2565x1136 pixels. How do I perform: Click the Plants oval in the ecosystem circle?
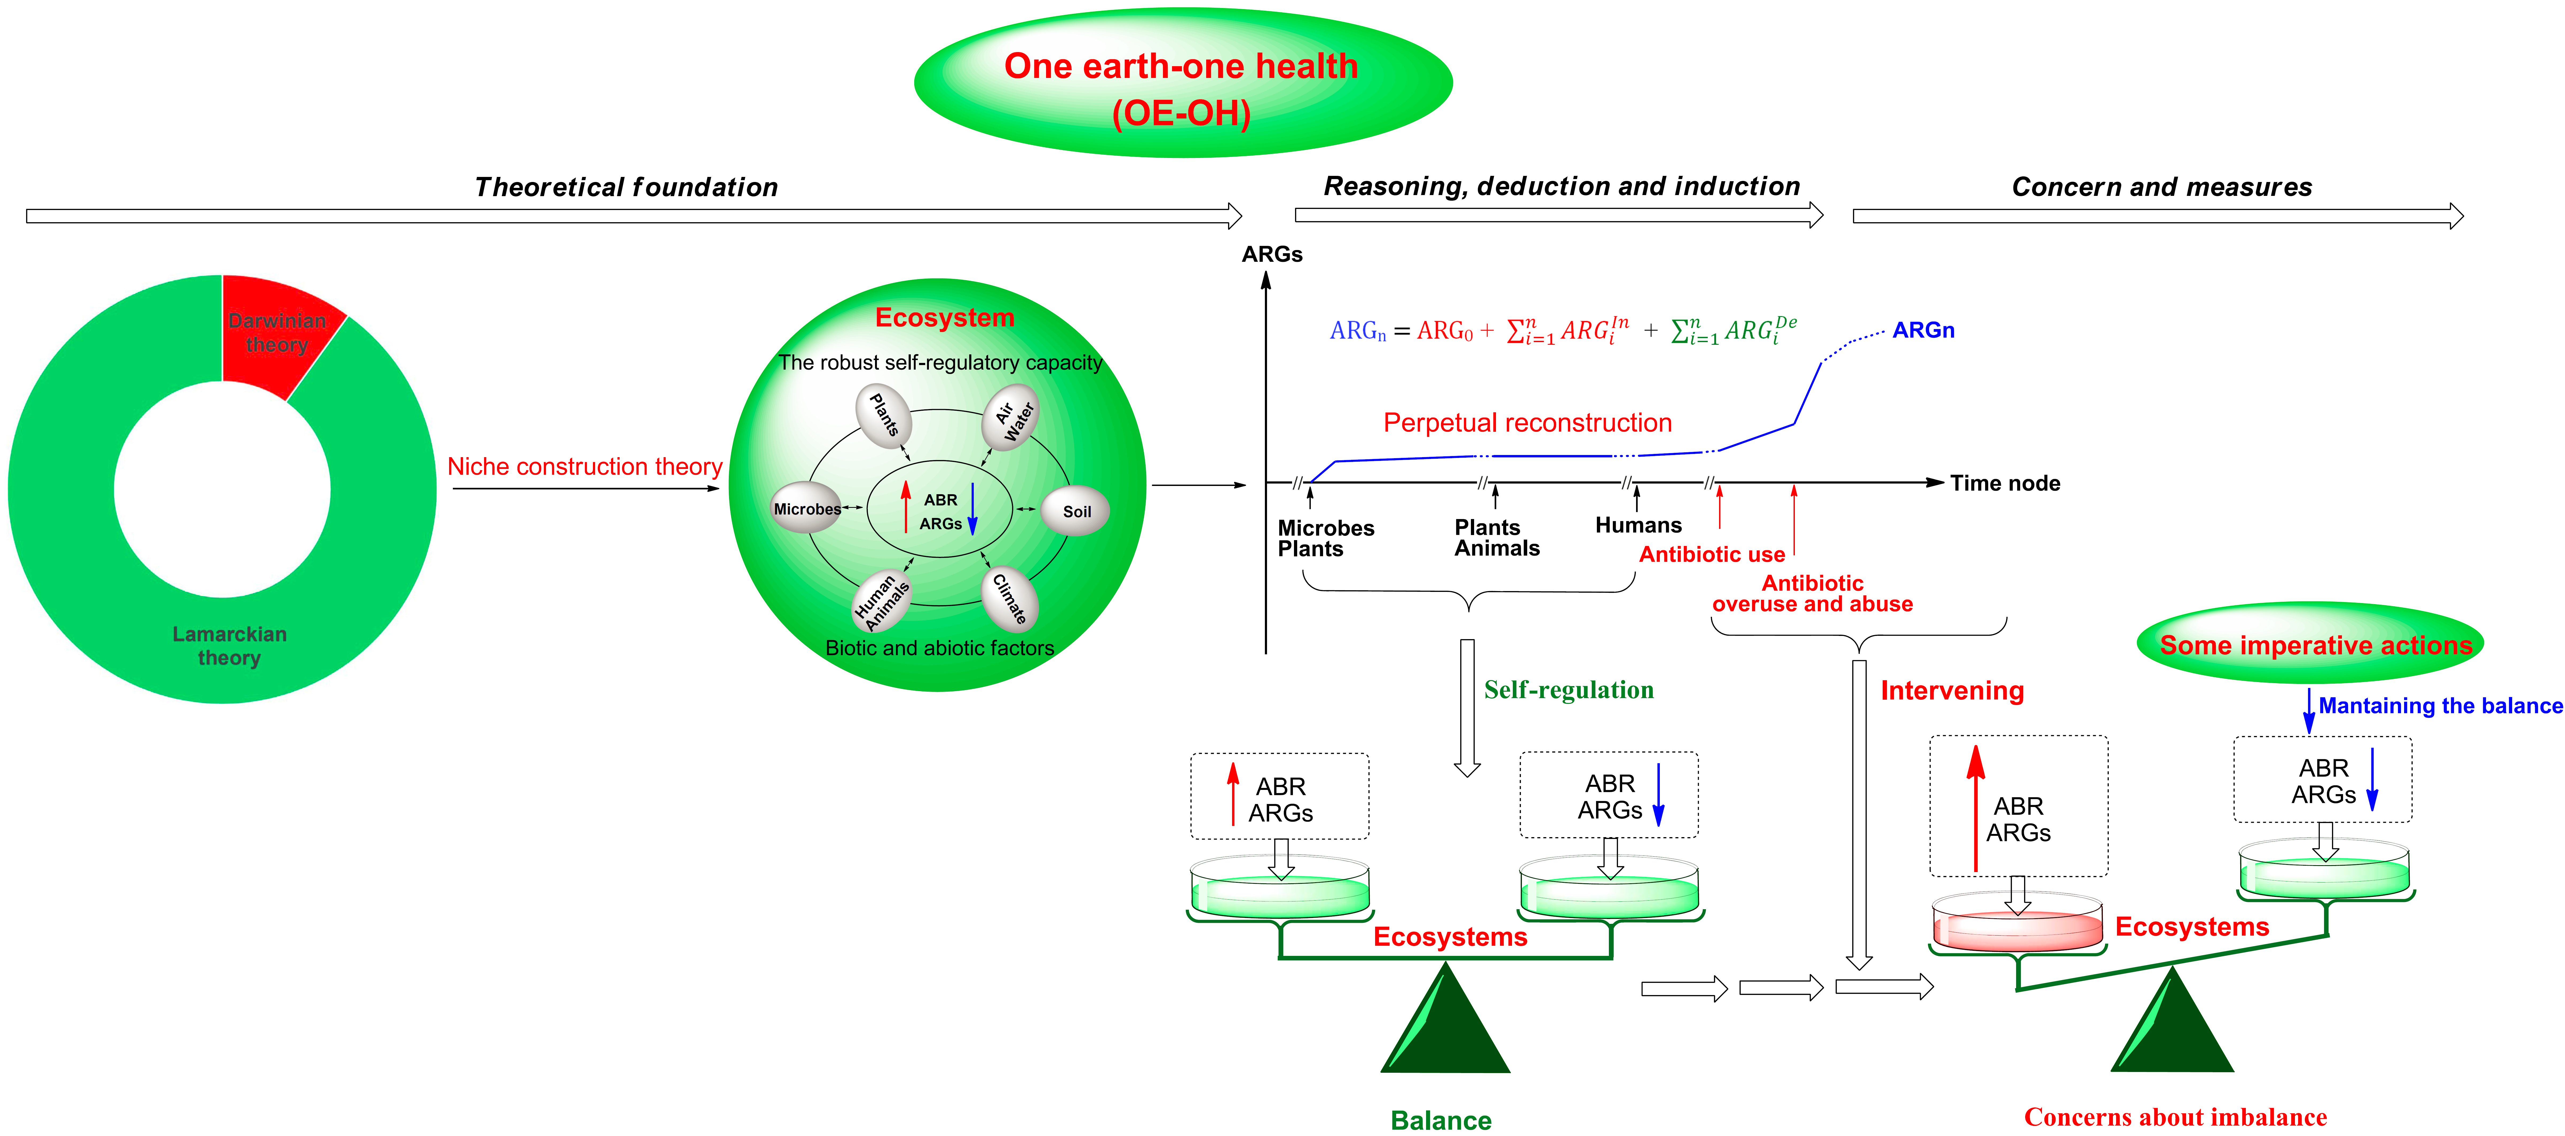coord(884,415)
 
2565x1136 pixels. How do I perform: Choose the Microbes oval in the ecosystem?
coord(806,509)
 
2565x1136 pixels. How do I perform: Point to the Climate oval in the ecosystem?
coord(1010,598)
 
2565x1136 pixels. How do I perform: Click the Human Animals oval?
coord(881,600)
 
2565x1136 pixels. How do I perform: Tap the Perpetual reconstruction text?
coord(1527,423)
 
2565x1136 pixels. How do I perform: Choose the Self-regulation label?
coord(1568,690)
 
